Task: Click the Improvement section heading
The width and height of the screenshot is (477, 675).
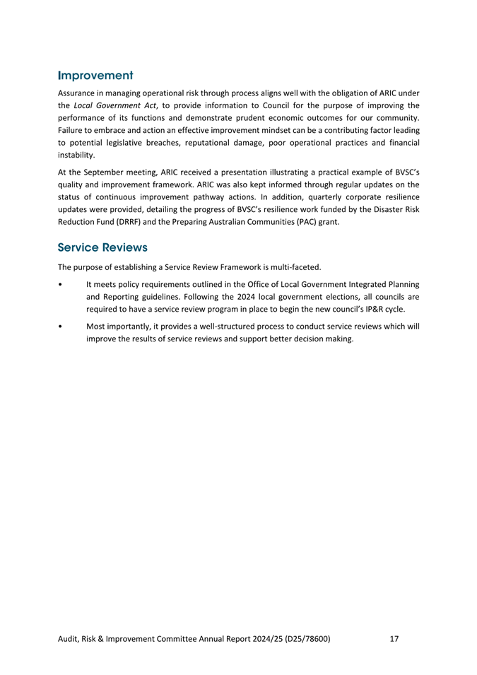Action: coord(95,74)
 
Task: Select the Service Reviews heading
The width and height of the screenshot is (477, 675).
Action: coord(102,248)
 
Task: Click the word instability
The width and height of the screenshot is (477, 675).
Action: coord(79,155)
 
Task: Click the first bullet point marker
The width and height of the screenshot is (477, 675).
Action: coord(63,285)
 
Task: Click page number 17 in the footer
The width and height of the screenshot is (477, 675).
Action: coord(394,640)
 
